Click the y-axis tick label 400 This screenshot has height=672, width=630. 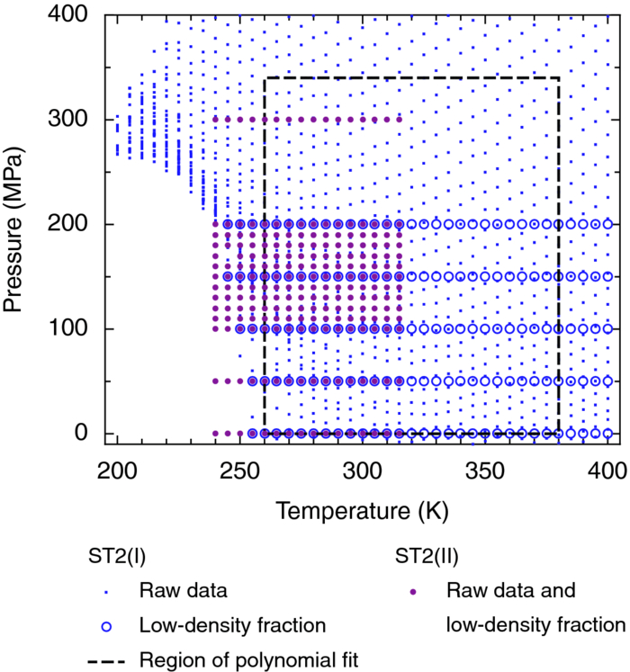pos(70,15)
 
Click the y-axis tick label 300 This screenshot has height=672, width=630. pos(70,120)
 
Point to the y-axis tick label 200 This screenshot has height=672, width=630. pos(70,224)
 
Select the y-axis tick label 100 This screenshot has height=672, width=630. pos(70,328)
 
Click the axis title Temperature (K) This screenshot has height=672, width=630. pos(362,512)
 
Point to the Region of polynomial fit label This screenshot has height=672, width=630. pos(248,659)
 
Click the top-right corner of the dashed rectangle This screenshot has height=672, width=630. pos(559,78)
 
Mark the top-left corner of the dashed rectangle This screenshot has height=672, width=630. pos(264,78)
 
